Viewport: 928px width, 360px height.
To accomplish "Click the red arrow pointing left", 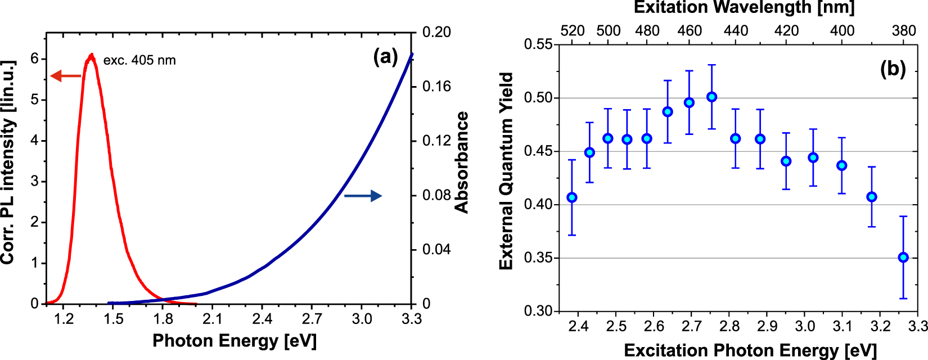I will pos(65,76).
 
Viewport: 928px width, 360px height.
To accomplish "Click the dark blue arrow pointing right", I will pos(363,196).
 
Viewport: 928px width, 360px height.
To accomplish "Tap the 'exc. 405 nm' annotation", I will pos(139,60).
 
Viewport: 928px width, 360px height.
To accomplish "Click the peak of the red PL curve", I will pos(91,55).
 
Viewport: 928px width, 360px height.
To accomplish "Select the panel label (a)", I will pos(385,56).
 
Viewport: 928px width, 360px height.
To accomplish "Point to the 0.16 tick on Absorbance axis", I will pos(436,86).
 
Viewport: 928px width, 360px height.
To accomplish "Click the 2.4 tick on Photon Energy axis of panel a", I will pos(262,319).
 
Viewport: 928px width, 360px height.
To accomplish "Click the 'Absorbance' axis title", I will pos(462,163).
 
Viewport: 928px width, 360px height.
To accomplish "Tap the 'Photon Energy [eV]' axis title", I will pos(235,341).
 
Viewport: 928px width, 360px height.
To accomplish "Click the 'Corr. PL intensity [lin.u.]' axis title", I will pos(7,161).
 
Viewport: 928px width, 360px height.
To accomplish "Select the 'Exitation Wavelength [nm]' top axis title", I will pos(744,7).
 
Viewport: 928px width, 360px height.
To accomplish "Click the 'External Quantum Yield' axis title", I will pos(506,171).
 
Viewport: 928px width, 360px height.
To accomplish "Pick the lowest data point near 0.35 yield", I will pos(903,258).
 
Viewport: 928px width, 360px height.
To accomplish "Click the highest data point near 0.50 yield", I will pos(711,97).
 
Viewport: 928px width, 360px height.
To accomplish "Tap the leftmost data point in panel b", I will pos(572,197).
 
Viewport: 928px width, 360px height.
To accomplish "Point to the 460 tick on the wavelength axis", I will pos(690,30).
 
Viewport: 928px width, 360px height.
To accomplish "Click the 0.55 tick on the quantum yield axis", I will pos(538,44).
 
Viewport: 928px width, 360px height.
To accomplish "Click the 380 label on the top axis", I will pos(904,30).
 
